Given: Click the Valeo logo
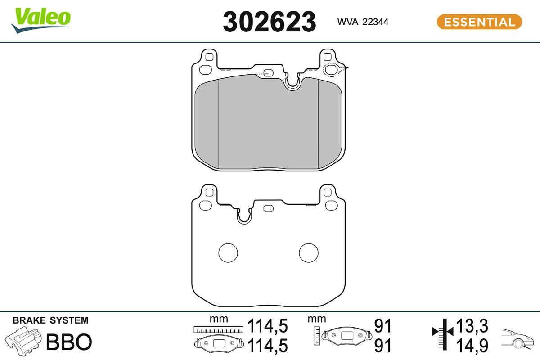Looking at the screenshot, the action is [x=41, y=20].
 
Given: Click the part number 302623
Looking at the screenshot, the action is [x=270, y=22].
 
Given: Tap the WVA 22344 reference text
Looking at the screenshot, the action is [x=363, y=22].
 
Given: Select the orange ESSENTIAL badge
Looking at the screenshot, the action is [x=480, y=22].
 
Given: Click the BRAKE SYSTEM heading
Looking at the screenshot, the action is [x=50, y=320].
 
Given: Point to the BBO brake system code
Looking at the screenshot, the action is [x=69, y=342].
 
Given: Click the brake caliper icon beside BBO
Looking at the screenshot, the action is [x=23, y=341].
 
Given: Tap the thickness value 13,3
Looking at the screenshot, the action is [x=472, y=326].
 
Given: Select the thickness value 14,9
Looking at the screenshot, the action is [x=472, y=346].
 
